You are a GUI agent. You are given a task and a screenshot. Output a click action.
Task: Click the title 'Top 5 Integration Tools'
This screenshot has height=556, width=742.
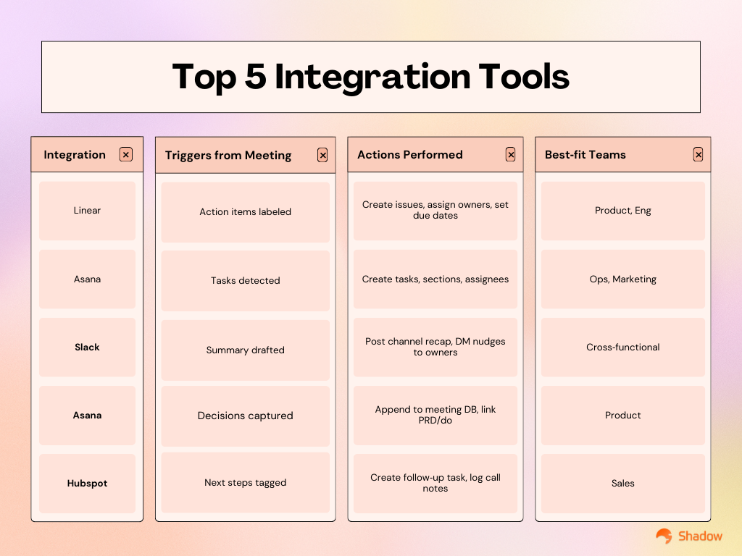370,77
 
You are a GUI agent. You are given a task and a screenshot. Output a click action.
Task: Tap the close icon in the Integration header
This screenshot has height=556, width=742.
126,154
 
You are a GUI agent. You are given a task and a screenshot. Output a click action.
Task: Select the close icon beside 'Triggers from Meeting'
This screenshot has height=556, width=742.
322,155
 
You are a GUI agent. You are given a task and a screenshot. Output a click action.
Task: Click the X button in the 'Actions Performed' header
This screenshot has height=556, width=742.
510,154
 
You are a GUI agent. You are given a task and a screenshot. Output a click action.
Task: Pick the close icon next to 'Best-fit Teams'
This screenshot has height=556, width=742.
698,154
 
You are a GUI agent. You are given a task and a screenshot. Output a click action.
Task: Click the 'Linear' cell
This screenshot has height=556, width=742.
87,211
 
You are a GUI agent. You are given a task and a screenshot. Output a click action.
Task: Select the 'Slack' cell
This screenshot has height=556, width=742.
87,347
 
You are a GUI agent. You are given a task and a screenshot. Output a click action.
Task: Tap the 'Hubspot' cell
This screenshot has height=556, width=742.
87,484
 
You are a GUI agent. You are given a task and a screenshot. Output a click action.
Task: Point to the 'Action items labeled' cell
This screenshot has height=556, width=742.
245,212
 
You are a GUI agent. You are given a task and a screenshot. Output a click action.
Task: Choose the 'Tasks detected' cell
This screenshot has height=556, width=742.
245,281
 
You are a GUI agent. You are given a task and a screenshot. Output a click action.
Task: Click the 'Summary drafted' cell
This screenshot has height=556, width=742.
245,350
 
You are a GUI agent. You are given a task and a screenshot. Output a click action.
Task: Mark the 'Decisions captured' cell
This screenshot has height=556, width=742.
245,416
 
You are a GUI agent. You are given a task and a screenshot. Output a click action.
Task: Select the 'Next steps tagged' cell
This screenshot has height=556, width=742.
245,483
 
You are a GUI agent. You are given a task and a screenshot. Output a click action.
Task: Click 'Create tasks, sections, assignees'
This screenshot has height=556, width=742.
435,279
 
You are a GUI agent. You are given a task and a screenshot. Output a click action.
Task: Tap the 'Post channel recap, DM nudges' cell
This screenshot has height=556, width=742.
435,347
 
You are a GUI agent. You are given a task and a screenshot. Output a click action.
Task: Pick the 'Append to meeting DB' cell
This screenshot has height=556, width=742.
435,415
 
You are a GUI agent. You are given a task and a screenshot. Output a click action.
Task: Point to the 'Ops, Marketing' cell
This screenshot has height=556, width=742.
622,279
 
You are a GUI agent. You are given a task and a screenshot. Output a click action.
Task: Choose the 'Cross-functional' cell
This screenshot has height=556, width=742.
622,347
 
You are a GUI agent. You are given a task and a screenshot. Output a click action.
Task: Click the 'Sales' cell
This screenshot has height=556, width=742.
622,484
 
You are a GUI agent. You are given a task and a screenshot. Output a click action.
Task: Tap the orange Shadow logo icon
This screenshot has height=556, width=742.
664,536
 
